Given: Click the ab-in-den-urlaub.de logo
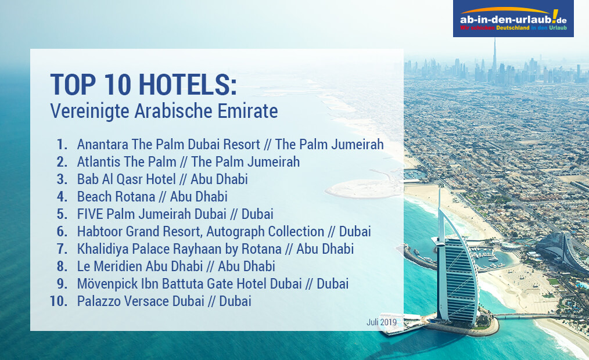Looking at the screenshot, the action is pos(513,19).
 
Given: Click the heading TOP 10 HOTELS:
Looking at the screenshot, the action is pos(143,84).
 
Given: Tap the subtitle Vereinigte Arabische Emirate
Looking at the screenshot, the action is pos(164,111).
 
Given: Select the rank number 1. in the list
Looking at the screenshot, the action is pos(62,145).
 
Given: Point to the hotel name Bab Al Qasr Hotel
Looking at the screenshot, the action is pos(126,179).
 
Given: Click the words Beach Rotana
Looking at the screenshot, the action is pos(116,197).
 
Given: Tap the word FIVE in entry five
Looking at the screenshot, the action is pos(90,214).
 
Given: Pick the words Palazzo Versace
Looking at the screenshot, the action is pos(123,301).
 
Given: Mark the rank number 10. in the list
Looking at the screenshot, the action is pos(59,301).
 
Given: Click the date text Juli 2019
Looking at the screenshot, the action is pos(381,322).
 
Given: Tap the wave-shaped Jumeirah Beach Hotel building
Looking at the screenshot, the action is pos(562,251).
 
